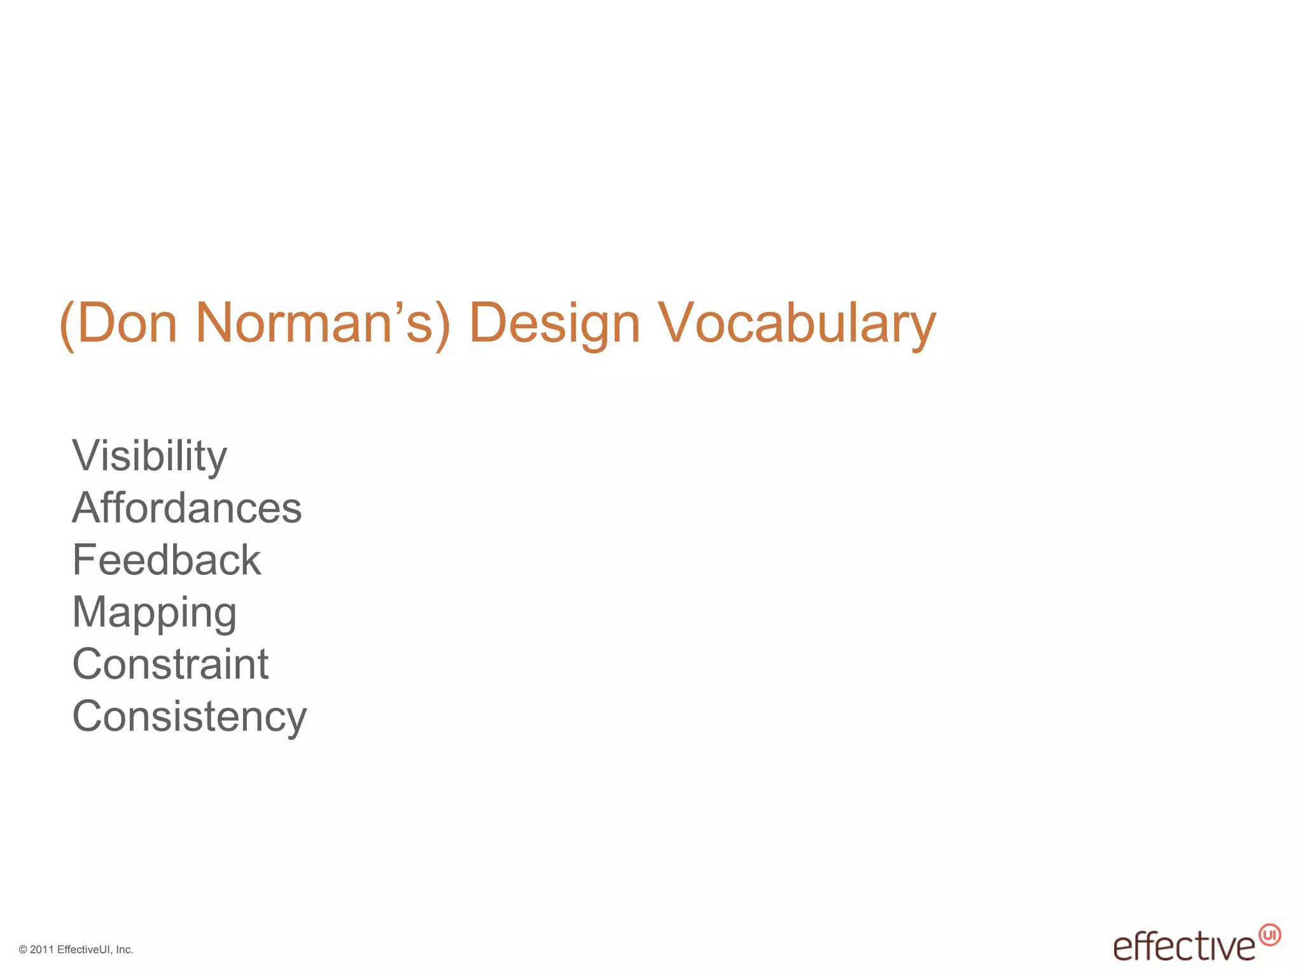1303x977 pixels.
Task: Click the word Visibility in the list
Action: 150,456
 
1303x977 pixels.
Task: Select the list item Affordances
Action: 187,508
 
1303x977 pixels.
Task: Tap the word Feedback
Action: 167,560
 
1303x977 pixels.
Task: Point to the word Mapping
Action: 155,613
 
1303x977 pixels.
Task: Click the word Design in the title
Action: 554,324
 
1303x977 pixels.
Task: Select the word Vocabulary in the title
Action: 797,324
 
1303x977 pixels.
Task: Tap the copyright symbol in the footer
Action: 23,950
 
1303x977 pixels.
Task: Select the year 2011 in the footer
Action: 42,950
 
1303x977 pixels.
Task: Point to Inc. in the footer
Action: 125,950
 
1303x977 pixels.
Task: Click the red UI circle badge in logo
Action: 1270,935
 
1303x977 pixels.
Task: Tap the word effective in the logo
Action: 1184,947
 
